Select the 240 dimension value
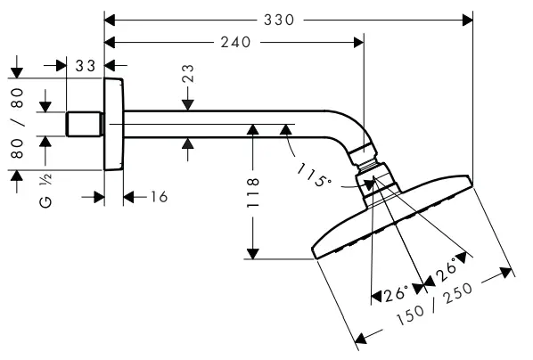pos(234,42)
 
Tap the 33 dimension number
pos(86,65)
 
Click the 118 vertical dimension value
pos(253,193)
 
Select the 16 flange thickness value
pos(157,196)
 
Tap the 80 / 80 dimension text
pos(17,122)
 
